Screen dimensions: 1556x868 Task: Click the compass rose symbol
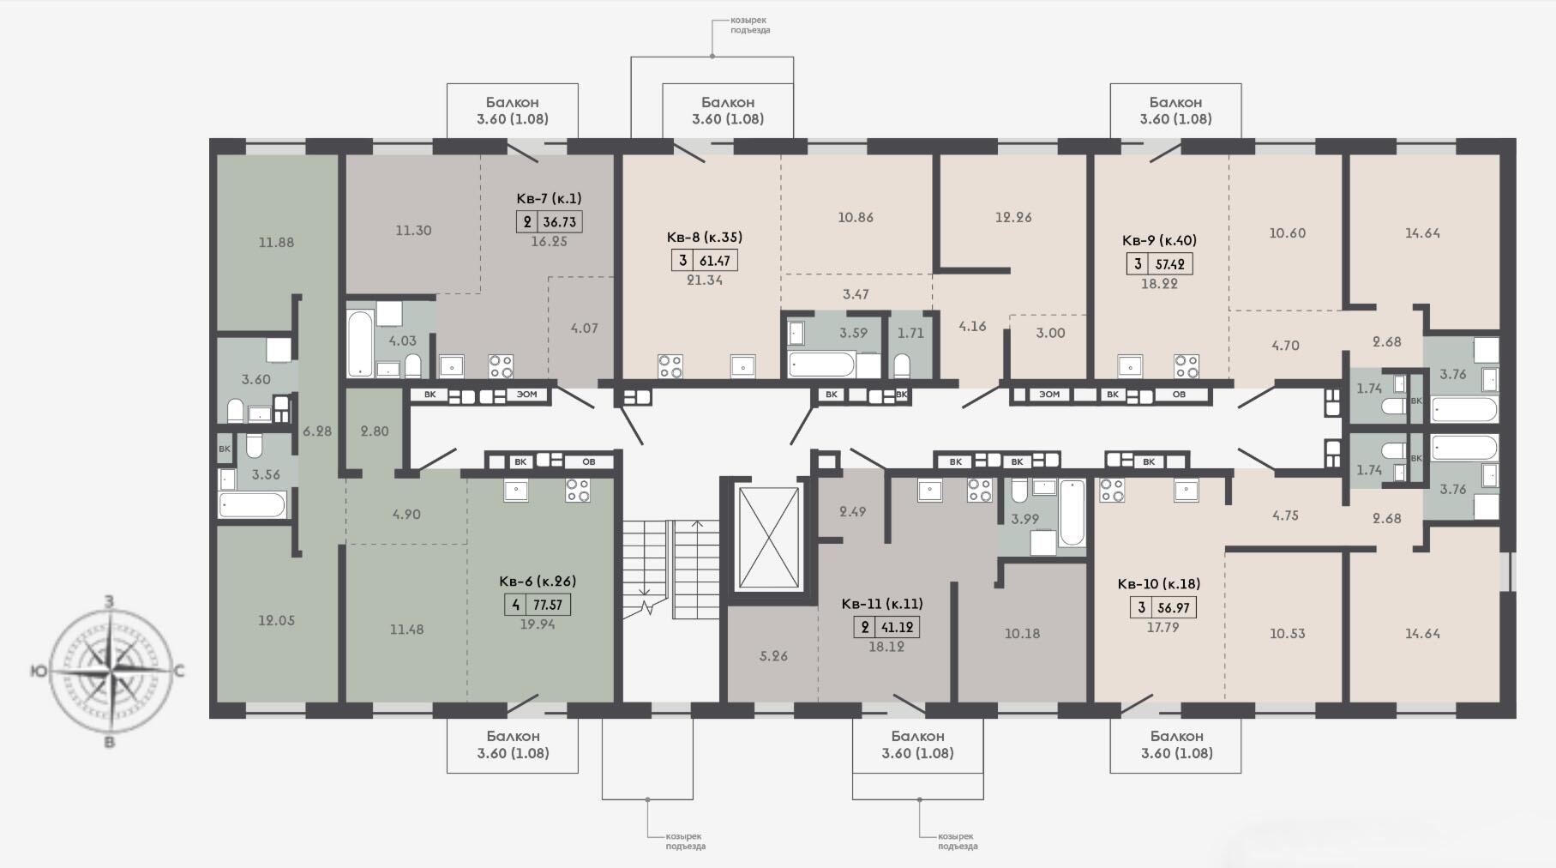(109, 671)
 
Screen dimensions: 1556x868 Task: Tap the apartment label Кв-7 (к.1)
(549, 198)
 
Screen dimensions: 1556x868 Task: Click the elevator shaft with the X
(768, 538)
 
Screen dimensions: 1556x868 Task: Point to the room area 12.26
(1013, 217)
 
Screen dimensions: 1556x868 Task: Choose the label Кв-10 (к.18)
(1158, 584)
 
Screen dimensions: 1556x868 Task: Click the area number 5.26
(773, 656)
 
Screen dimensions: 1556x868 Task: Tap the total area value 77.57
(548, 605)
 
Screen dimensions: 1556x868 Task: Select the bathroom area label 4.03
(403, 341)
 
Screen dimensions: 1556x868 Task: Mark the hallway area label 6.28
(317, 431)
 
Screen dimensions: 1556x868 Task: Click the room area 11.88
(276, 243)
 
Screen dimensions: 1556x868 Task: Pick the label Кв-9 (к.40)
(1159, 241)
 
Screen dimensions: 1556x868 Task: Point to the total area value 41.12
(898, 628)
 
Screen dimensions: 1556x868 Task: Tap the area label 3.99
(1024, 519)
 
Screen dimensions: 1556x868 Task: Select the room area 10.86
(856, 218)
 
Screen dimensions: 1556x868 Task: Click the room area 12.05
(276, 620)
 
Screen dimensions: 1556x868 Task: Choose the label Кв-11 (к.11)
(882, 604)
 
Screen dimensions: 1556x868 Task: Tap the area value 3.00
(1050, 333)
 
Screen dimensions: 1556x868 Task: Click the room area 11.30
(413, 230)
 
